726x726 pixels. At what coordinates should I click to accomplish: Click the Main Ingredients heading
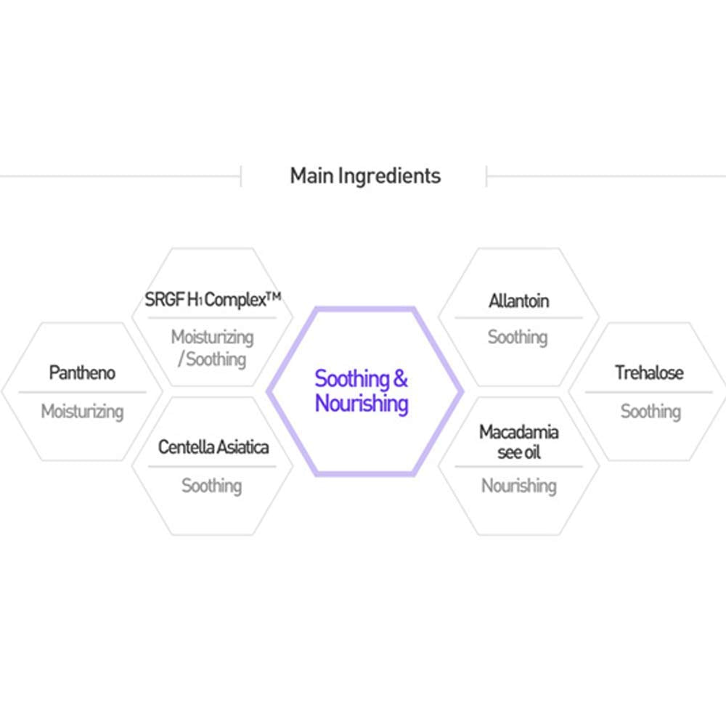[365, 176]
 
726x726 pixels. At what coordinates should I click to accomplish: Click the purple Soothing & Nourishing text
[362, 391]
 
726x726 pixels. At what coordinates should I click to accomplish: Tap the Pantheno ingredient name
[82, 372]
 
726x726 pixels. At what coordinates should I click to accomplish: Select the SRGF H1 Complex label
[212, 300]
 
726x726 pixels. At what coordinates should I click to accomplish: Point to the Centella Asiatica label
[213, 446]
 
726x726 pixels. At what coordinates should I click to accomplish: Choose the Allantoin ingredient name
[518, 301]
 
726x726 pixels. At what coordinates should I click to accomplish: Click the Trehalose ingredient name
[649, 372]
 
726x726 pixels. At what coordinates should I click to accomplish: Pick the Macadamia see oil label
[518, 442]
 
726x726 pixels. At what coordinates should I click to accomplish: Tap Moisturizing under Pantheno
[82, 412]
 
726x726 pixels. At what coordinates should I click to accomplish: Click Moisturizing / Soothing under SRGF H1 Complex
[212, 348]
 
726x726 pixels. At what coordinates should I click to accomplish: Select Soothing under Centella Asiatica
[212, 485]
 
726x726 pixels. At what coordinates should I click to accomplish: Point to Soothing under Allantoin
[518, 337]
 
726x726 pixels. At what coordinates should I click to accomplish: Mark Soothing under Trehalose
[650, 412]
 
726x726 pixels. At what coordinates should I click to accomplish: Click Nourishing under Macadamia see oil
[518, 485]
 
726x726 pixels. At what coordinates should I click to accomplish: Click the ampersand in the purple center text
[400, 378]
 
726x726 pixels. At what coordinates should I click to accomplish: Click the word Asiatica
[242, 446]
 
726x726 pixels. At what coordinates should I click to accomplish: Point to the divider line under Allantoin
[518, 318]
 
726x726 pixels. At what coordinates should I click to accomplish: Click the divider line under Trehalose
[649, 392]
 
